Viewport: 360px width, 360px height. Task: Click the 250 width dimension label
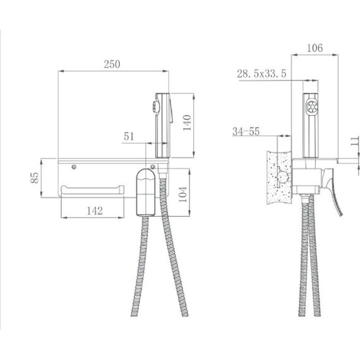click(x=112, y=64)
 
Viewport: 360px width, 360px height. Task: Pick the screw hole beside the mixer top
click(x=160, y=168)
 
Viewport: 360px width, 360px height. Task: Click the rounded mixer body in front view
click(x=146, y=191)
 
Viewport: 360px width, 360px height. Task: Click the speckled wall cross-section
click(x=278, y=177)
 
